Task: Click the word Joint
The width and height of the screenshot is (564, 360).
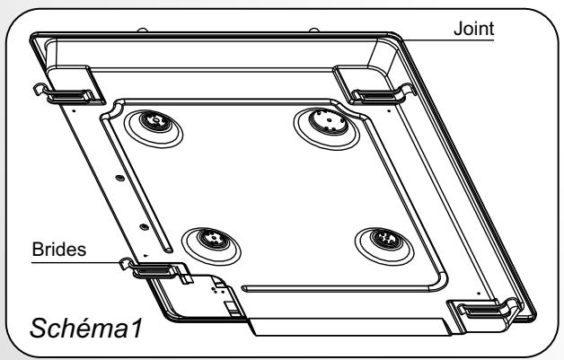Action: (x=473, y=29)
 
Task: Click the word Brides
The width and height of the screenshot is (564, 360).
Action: (x=59, y=249)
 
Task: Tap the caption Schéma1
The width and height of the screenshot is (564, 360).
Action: (x=85, y=328)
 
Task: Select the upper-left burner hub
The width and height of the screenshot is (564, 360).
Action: (x=155, y=121)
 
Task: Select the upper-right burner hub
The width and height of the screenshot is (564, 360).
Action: (x=329, y=121)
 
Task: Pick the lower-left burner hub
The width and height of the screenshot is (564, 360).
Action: (x=214, y=239)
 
